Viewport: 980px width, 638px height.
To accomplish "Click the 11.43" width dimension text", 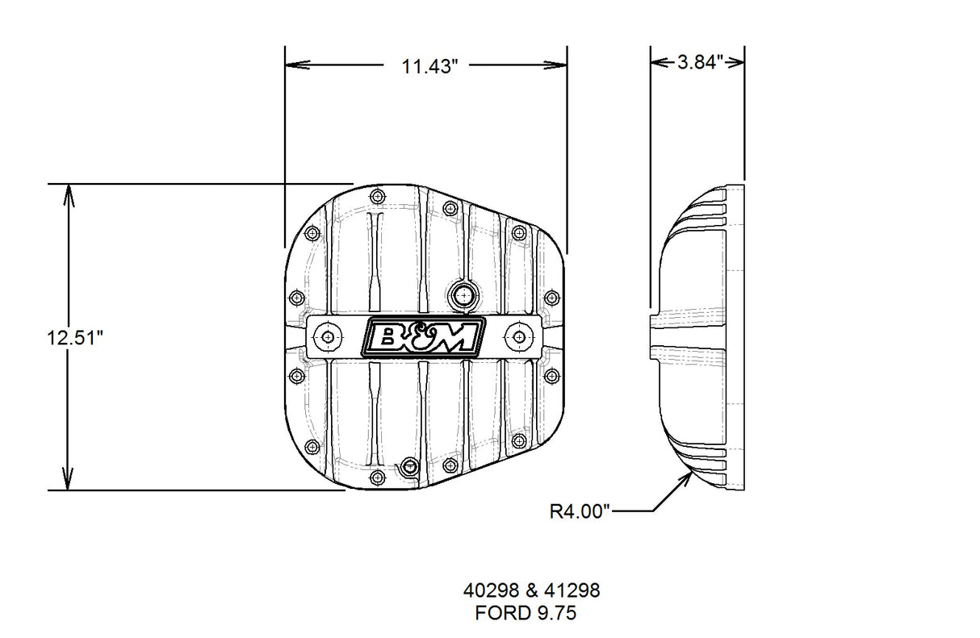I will tap(430, 66).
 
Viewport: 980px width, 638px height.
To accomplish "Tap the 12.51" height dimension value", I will tap(77, 338).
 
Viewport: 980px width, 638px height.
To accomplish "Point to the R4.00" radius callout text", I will tap(580, 511).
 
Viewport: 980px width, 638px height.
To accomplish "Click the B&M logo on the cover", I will tap(425, 336).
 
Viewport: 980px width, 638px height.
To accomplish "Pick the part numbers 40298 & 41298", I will tap(531, 590).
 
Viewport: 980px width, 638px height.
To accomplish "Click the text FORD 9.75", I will tap(525, 612).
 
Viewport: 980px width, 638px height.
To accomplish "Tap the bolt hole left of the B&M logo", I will tap(327, 337).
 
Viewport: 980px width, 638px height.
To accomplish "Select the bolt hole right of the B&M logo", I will tap(517, 336).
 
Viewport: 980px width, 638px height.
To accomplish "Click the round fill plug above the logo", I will tap(464, 295).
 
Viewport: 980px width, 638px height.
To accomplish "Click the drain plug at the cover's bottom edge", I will tap(410, 465).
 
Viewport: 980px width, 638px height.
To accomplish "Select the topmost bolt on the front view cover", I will tap(379, 194).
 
